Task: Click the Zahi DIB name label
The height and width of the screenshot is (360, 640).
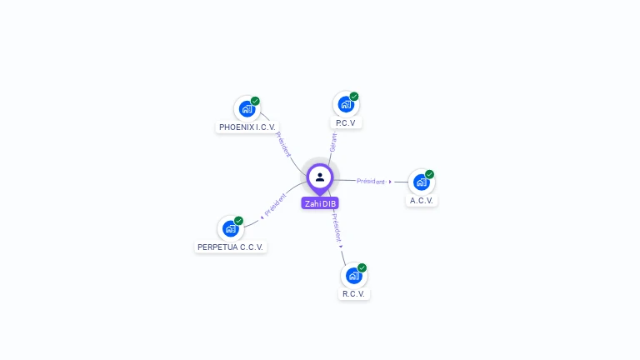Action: point(320,203)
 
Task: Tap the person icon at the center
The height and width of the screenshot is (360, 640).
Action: point(320,177)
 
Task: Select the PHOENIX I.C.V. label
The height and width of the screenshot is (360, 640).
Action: point(247,127)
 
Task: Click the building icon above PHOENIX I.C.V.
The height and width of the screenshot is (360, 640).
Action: point(246,108)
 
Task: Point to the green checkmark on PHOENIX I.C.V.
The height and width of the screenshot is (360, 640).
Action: point(255,101)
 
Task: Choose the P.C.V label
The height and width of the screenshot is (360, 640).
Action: point(346,123)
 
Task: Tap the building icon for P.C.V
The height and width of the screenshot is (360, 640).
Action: point(345,104)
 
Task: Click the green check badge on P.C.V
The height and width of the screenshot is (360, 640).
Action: point(354,97)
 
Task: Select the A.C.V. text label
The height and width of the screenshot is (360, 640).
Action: point(422,201)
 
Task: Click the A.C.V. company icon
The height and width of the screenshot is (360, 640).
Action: point(421,182)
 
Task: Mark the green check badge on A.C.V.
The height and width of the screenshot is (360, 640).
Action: point(430,174)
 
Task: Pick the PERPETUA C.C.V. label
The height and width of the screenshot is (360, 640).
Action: point(230,247)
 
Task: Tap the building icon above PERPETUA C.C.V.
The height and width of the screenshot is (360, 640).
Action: point(230,228)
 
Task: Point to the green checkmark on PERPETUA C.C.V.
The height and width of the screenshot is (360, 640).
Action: point(239,221)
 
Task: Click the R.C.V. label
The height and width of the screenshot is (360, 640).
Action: point(354,294)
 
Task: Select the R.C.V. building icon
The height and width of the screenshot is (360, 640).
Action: point(353,275)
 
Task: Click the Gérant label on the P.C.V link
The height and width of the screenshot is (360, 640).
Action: point(333,142)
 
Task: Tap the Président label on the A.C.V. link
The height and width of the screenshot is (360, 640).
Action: point(371,181)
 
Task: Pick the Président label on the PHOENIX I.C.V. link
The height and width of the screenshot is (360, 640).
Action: point(283,144)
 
